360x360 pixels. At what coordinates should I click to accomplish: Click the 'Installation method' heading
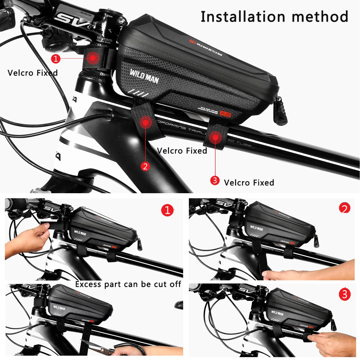pos(274,16)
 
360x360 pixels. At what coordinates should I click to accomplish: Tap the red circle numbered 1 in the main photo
pos(56,58)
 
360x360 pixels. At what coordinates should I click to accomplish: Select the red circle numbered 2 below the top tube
pos(145,166)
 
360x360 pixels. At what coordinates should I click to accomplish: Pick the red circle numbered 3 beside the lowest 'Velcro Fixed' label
pos(215,180)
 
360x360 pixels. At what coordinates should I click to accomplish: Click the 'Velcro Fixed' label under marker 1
pos(32,73)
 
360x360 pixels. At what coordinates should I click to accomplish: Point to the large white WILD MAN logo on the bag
pos(144,76)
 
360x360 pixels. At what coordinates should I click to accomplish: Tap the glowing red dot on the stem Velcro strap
pos(94,57)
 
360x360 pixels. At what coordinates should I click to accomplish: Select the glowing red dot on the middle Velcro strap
pos(146,122)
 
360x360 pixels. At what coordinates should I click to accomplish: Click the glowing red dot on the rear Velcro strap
pos(215,137)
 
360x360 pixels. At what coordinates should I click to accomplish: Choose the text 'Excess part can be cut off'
pos(128,284)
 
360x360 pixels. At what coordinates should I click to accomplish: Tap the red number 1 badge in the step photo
pos(167,210)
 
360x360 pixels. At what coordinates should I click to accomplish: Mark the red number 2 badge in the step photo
pos(344,208)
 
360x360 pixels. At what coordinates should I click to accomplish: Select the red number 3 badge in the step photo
pos(344,294)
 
